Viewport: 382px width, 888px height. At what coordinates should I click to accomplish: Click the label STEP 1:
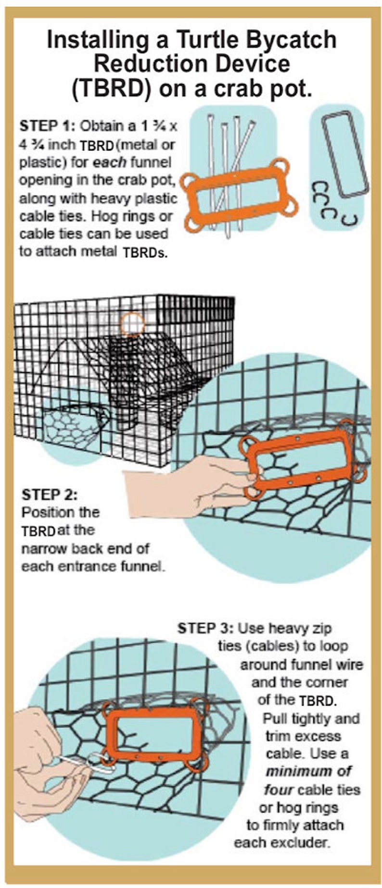point(47,126)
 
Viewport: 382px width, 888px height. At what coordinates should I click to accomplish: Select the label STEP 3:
point(205,628)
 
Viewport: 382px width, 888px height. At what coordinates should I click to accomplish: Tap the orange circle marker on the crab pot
point(132,324)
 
